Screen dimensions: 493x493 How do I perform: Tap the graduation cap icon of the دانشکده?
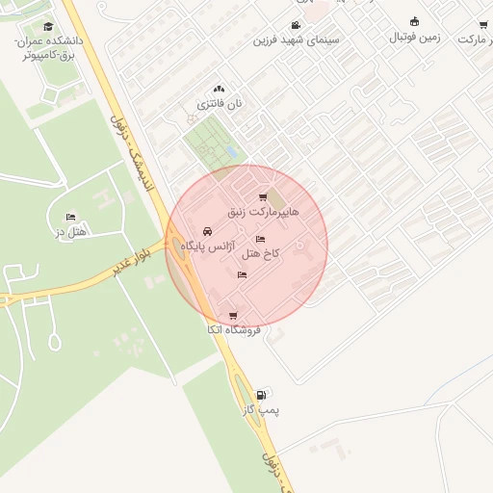[48, 26]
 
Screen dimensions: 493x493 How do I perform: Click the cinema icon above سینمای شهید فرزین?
[296, 26]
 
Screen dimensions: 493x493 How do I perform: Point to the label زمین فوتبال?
[414, 37]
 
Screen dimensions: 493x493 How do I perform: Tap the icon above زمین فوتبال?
[415, 21]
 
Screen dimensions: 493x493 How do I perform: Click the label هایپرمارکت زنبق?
[263, 211]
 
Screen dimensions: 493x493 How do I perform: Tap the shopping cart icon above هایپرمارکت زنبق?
[263, 197]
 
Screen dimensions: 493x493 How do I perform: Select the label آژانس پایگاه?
[208, 246]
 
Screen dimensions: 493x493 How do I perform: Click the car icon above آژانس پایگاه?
[208, 231]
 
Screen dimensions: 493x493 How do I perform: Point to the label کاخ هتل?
[260, 252]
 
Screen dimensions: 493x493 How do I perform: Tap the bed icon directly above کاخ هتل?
[260, 239]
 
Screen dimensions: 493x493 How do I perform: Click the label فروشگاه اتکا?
[233, 329]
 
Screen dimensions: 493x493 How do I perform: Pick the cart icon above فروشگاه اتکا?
[233, 316]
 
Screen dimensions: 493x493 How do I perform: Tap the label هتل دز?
[71, 232]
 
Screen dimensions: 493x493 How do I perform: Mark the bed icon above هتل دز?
[69, 218]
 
